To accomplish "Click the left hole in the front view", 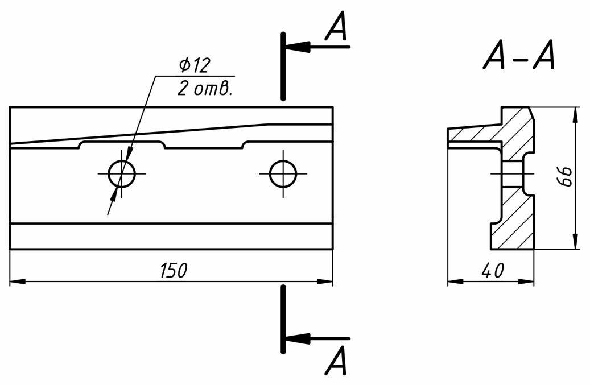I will pos(122,173).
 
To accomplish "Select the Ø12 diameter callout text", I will pos(194,66).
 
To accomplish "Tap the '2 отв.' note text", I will pos(204,89).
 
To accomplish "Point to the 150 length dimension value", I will pos(172,271).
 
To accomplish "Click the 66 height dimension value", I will pos(564,177).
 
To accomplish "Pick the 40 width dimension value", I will pos(492,271).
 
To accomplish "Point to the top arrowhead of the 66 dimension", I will pos(576,114).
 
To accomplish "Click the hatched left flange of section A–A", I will pos(469,135).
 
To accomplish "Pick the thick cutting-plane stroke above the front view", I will pos(283,66).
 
